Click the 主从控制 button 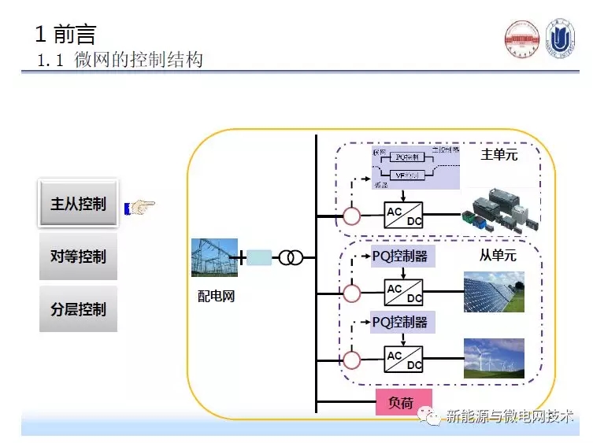78,205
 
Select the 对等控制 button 78,257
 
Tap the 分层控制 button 78,308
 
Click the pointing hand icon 143,206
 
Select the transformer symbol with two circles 291,257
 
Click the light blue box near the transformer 259,257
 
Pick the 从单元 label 498,256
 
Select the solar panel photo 493,292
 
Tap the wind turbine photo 493,359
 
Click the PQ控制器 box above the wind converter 403,322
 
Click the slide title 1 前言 66,34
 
